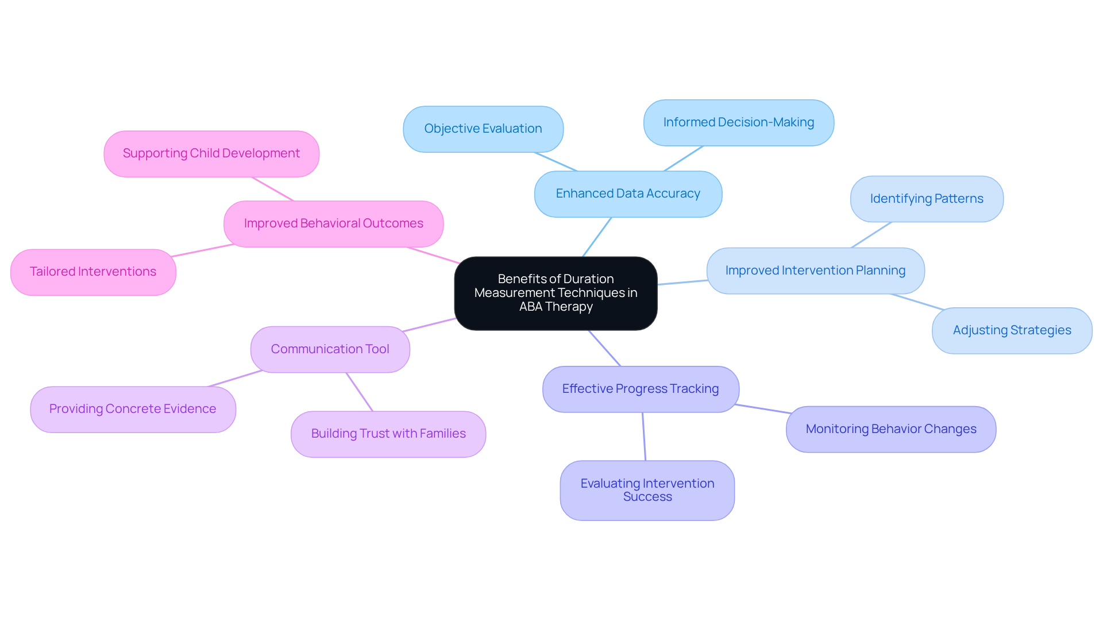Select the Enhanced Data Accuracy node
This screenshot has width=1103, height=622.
[x=627, y=194]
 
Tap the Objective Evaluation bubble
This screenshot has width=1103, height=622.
[x=483, y=129]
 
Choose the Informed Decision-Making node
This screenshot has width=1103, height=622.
[x=738, y=123]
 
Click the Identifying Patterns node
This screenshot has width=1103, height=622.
[x=926, y=199]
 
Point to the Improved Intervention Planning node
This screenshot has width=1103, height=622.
[x=815, y=271]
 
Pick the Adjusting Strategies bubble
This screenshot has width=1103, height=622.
[x=1011, y=331]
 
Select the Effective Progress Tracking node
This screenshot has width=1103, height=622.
[x=640, y=389]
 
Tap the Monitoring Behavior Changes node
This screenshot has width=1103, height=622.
[x=890, y=430]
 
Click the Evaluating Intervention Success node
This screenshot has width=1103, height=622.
[x=647, y=490]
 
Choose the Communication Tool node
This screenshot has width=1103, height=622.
[x=330, y=350]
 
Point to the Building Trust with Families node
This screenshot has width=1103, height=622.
[x=388, y=434]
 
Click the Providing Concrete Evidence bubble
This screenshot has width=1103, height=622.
[x=133, y=409]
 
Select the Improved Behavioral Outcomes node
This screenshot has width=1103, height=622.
[x=333, y=224]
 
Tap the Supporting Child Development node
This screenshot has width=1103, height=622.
[x=211, y=154]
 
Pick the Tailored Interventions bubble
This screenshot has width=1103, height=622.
[x=93, y=272]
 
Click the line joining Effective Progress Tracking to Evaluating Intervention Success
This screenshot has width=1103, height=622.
[x=644, y=436]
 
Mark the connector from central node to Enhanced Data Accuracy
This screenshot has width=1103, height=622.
[x=597, y=237]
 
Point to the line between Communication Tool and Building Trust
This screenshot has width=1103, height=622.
[x=360, y=392]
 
